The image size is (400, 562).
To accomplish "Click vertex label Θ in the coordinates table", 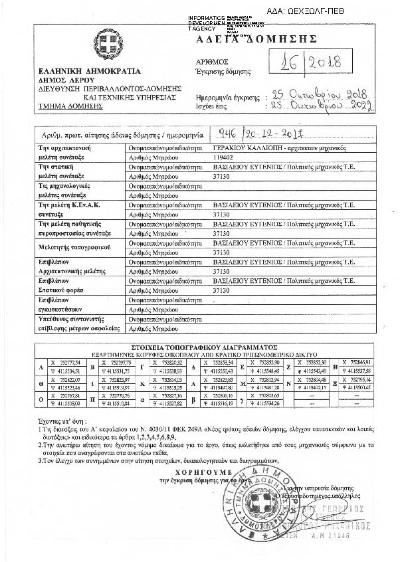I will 42,383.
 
